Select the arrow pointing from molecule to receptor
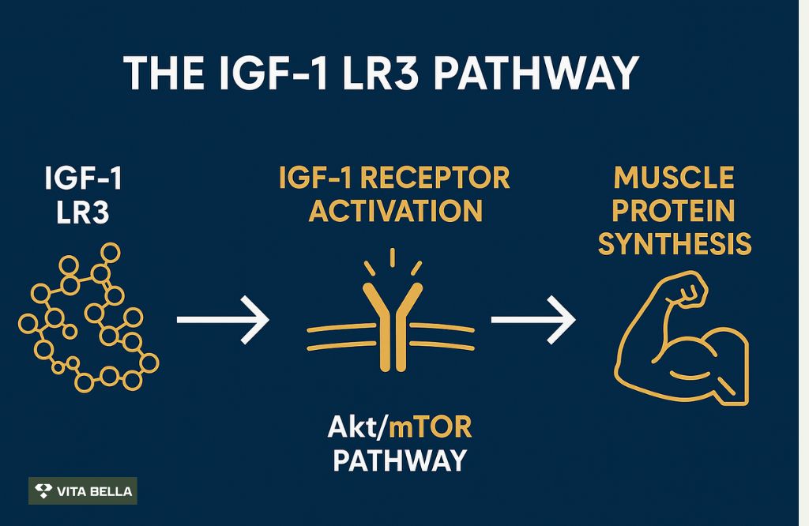tap(223, 320)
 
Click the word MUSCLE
tap(674, 178)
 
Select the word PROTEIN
tap(674, 212)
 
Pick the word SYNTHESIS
tap(674, 245)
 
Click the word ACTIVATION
tap(395, 211)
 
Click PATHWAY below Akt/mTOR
tap(399, 460)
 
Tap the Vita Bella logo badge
tap(83, 491)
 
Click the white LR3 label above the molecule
tap(84, 213)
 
